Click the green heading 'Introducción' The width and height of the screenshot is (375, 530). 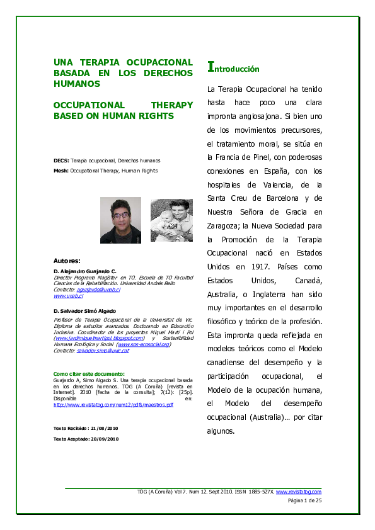[233, 68]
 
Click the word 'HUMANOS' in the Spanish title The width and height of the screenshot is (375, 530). [78, 83]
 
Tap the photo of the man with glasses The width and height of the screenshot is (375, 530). [120, 220]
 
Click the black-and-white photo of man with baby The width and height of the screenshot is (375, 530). [171, 220]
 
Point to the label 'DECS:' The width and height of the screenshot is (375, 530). [61, 161]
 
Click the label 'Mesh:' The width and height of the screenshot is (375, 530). [61, 171]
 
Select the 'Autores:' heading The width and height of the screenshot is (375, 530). [67, 260]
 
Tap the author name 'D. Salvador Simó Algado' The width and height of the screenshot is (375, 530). [85, 311]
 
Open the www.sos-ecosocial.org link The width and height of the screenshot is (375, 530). [144, 344]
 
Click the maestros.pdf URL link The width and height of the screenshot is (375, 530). [113, 405]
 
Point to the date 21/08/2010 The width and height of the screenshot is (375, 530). [104, 428]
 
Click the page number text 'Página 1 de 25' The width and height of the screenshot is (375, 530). [304, 500]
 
